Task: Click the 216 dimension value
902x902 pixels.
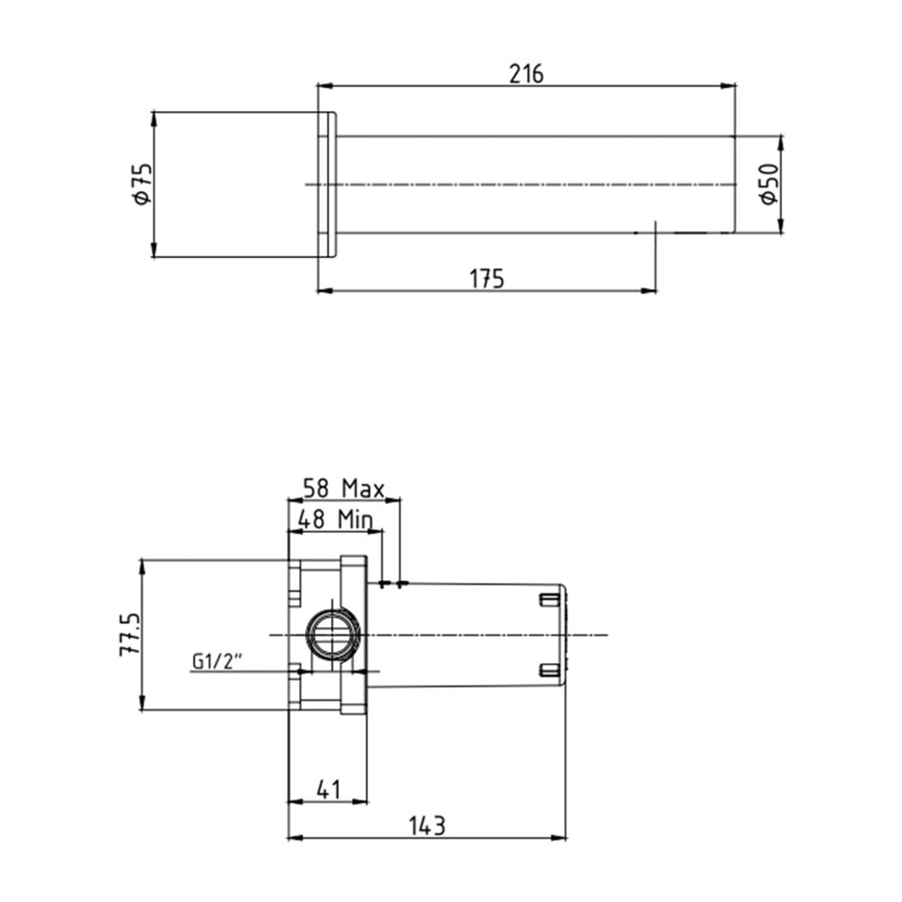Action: point(527,74)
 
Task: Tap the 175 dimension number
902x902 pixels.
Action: point(487,279)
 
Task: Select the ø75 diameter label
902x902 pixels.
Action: point(143,184)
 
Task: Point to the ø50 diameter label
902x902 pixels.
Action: point(769,184)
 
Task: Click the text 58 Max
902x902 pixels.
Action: point(344,489)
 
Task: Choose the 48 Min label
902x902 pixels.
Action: point(335,520)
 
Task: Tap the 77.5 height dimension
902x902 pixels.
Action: point(130,634)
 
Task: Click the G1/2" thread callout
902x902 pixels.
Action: point(216,662)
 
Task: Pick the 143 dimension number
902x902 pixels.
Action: point(427,826)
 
